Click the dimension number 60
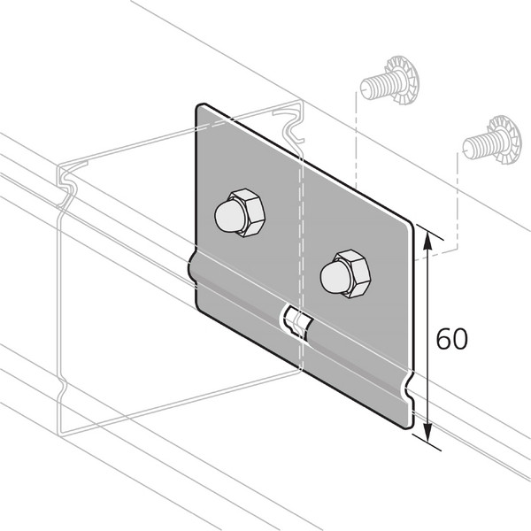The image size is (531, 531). pos(451,339)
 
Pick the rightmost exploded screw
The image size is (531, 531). pos(492,142)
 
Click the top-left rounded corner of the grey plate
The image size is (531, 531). pos(201,109)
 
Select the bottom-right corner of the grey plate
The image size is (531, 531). pos(409,424)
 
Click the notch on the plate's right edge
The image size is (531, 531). pos(408,388)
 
